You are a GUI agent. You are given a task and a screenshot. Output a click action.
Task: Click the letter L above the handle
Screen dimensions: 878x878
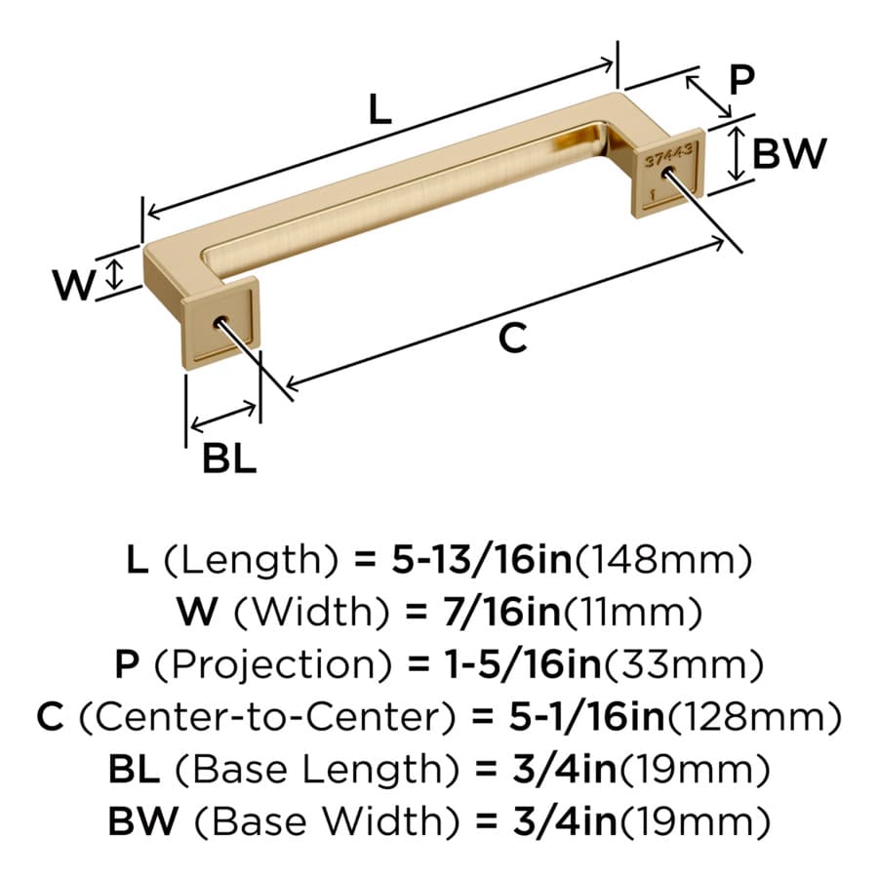380,109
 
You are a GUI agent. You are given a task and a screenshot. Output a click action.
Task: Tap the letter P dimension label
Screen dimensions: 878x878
742,80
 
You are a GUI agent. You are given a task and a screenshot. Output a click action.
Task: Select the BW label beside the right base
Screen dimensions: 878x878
789,153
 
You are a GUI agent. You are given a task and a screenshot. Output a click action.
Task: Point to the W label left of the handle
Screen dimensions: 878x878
73,285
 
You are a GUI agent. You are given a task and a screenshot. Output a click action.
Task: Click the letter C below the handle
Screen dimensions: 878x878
512,339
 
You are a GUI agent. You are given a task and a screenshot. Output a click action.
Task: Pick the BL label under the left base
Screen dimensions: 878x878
229,459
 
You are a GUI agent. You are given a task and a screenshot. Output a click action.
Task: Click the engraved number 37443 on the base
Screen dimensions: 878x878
668,155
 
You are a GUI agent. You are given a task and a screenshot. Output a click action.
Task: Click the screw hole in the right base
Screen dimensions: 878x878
667,172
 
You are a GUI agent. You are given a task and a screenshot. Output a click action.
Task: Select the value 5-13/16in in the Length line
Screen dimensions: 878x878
482,560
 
